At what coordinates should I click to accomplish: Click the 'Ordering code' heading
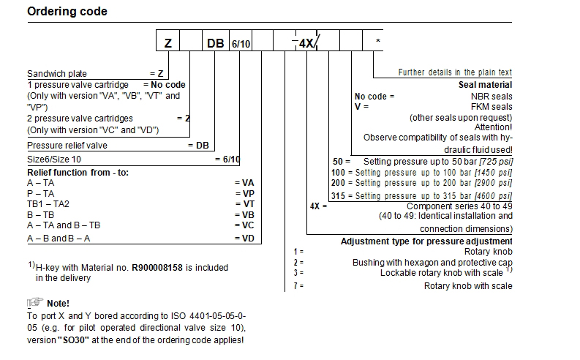point(67,12)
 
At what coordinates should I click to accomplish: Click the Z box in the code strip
point(167,42)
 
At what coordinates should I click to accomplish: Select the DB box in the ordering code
point(215,42)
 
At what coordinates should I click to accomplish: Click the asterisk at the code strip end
point(377,41)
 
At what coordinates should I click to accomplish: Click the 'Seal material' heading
point(485,85)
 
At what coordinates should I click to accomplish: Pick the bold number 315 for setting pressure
point(338,195)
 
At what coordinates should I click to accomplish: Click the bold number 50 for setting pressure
point(338,160)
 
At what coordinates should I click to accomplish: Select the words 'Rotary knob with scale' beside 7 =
point(468,285)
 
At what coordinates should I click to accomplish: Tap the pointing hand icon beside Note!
point(34,303)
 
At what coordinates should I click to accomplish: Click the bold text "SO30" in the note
point(72,340)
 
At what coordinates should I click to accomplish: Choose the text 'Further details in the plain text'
point(455,72)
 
